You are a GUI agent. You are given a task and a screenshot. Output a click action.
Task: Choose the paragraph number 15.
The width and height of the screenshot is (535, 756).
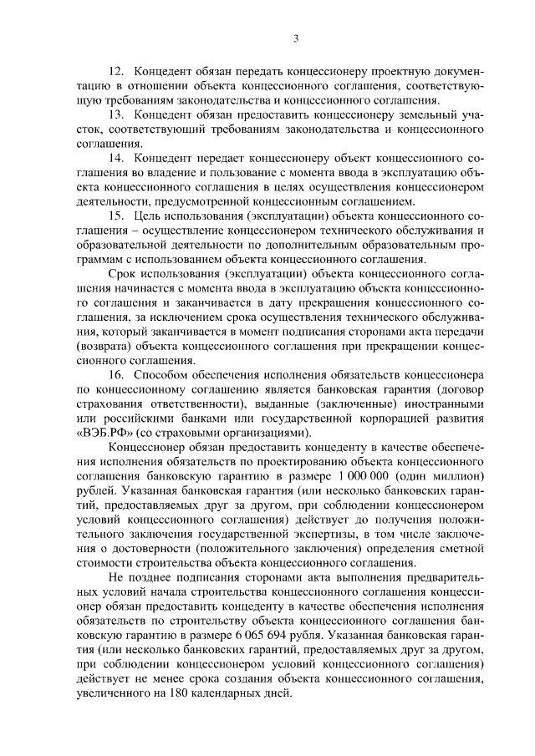[x=117, y=216]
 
